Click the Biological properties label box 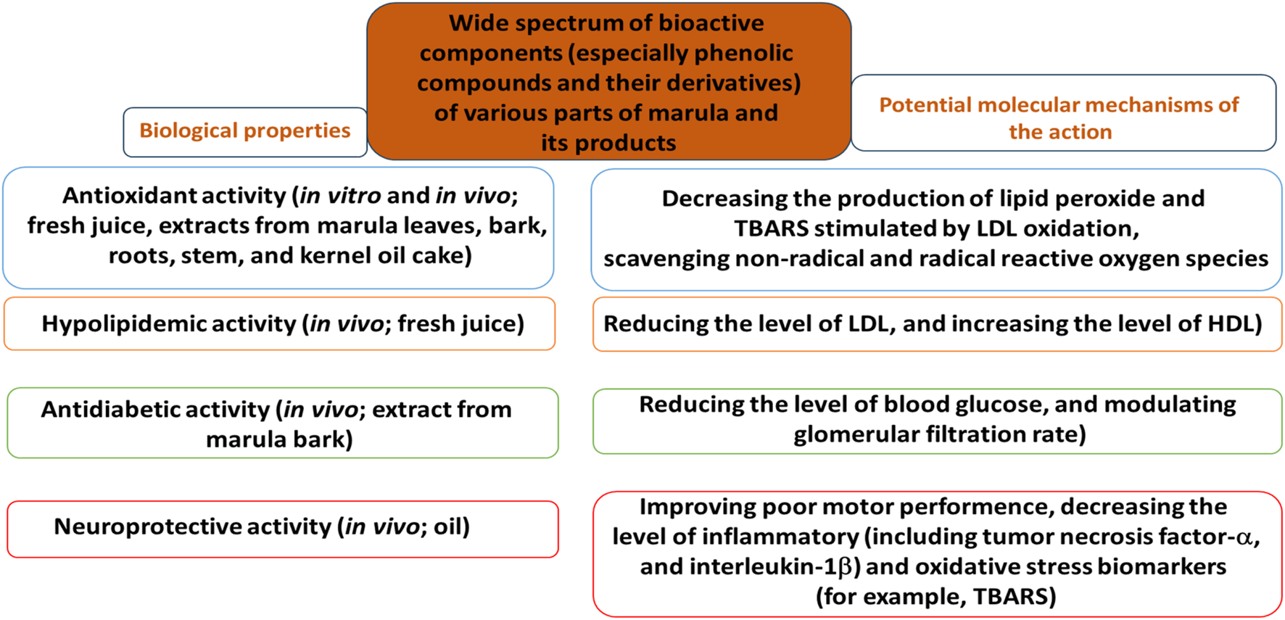[x=245, y=131]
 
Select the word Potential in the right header [x=925, y=105]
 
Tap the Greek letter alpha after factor [x=1244, y=537]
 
